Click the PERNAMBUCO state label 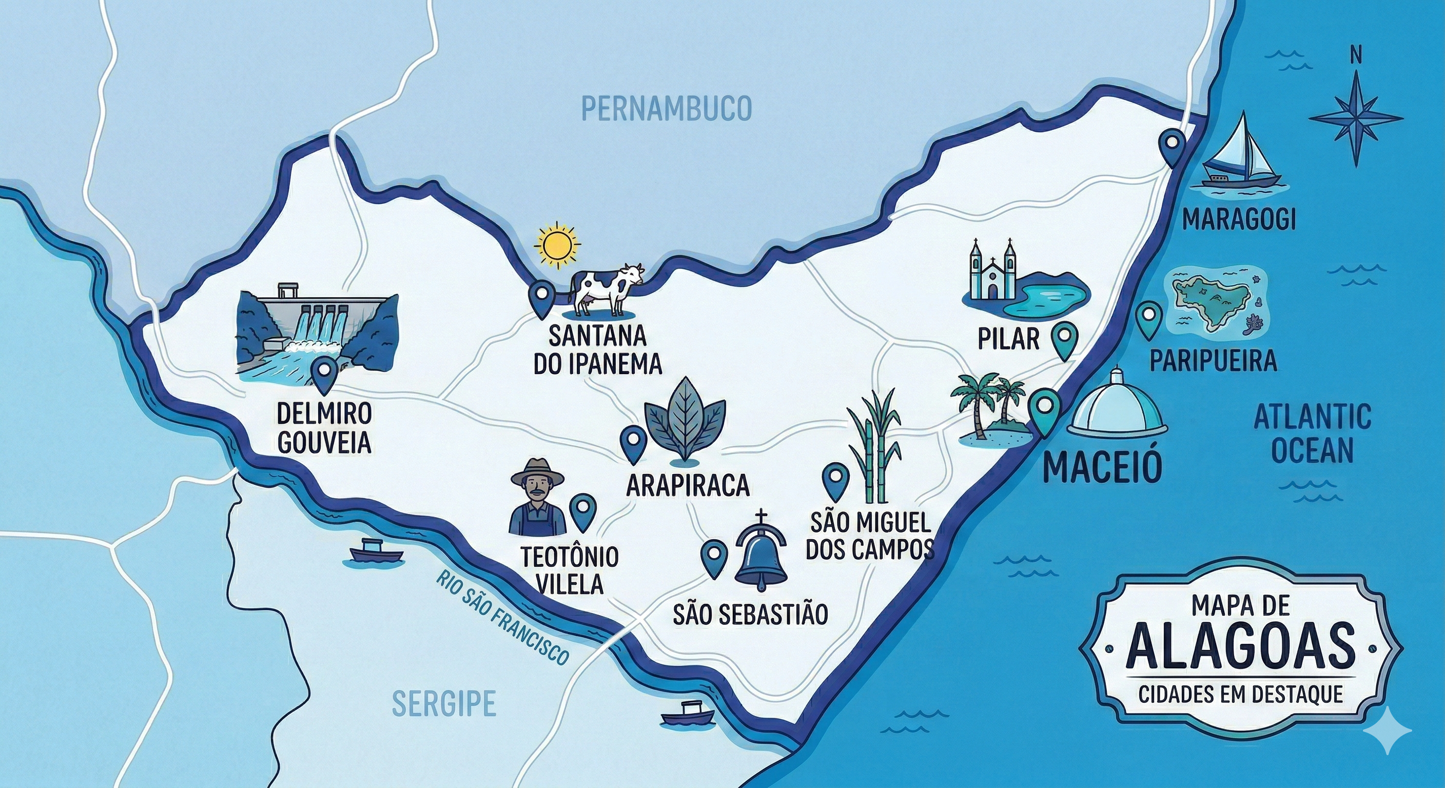[x=666, y=109]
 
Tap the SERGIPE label [x=444, y=703]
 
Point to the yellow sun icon [x=556, y=245]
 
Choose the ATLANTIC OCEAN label [x=1312, y=433]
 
